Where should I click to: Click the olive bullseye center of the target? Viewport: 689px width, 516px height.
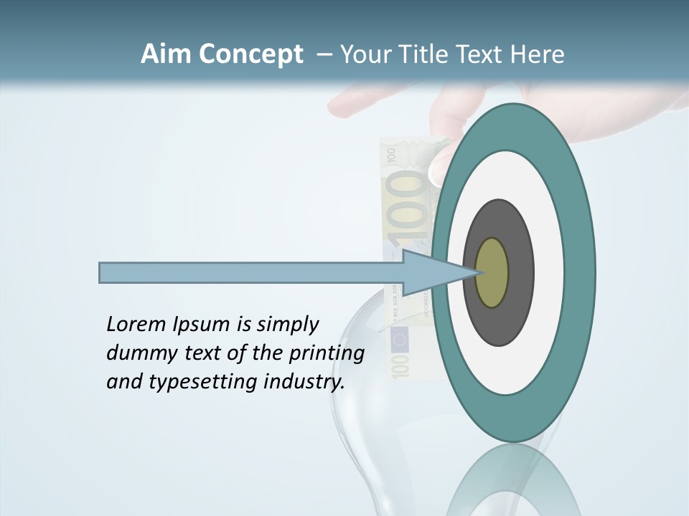tap(492, 273)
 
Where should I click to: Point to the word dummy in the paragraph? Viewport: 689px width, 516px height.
tap(138, 353)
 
